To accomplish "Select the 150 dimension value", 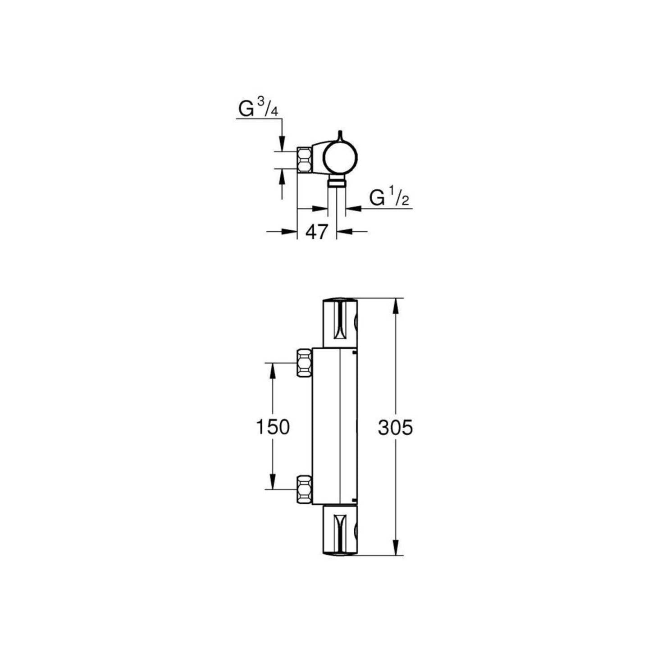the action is pyautogui.click(x=273, y=427).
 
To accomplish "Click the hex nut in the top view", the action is pyautogui.click(x=305, y=160).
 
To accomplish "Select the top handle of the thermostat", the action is pyautogui.click(x=340, y=323).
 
